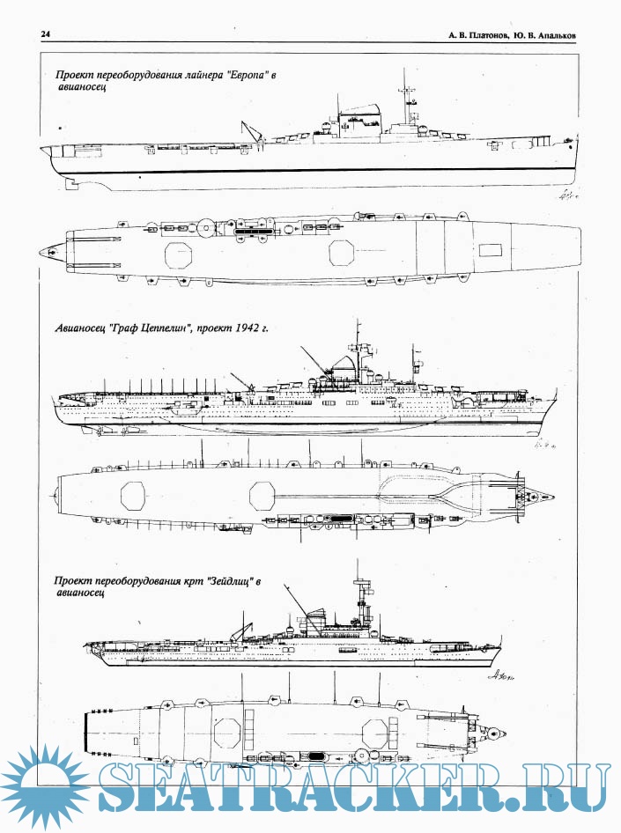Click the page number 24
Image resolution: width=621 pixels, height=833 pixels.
pos(45,34)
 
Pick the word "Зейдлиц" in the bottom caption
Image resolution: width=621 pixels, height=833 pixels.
pos(228,580)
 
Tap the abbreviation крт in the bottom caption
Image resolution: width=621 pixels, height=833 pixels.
pos(192,580)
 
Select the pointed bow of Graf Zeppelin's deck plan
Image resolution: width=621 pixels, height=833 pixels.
pos(552,497)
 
